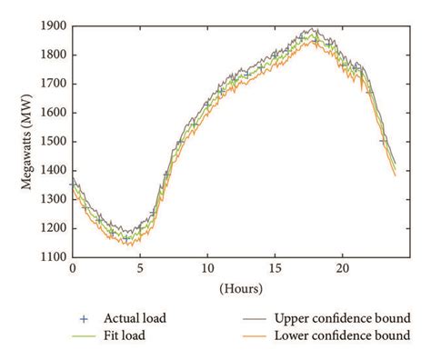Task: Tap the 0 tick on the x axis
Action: click(x=73, y=270)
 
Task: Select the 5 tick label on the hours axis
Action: click(x=140, y=270)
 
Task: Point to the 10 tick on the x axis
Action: click(x=207, y=270)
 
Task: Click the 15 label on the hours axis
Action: click(x=275, y=270)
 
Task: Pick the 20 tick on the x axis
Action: click(x=342, y=270)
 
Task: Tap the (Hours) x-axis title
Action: click(x=240, y=290)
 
